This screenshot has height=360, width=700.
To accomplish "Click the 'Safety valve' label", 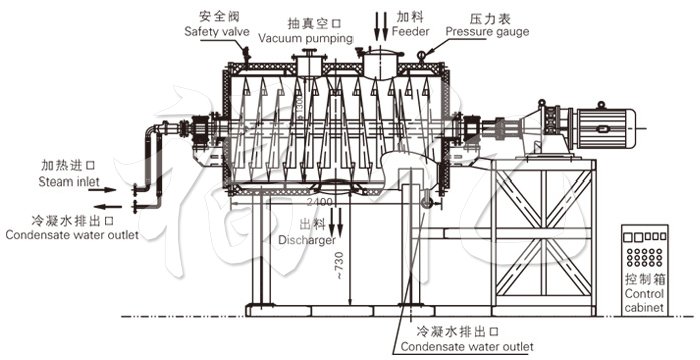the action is pos(217,32).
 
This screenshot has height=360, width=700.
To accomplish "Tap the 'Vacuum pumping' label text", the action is pos(305,38).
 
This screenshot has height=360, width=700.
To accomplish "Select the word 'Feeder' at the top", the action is pos(412,32).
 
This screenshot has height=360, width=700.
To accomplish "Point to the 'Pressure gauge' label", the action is pos(487,32).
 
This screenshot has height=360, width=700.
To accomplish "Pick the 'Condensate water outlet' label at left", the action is pos(70,235).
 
